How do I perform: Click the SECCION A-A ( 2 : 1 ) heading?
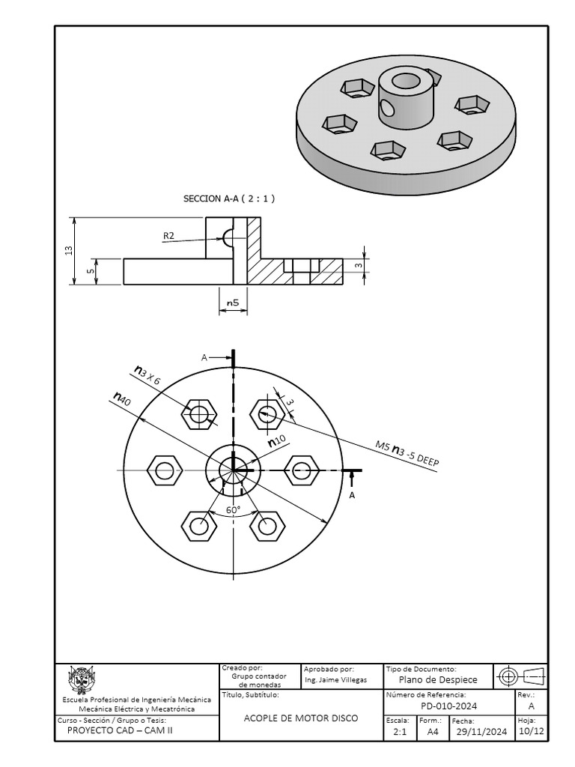[229, 198]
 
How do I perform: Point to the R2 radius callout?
[168, 236]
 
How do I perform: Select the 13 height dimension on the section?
[68, 250]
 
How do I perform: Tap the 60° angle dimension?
[234, 510]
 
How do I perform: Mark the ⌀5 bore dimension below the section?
[233, 303]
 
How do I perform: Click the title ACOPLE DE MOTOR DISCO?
[301, 718]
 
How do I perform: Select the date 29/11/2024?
[481, 732]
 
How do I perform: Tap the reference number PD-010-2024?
[448, 706]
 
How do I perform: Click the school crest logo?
[82, 679]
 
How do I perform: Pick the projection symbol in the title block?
[521, 676]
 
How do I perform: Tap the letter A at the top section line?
[204, 358]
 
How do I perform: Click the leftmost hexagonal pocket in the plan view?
[165, 470]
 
